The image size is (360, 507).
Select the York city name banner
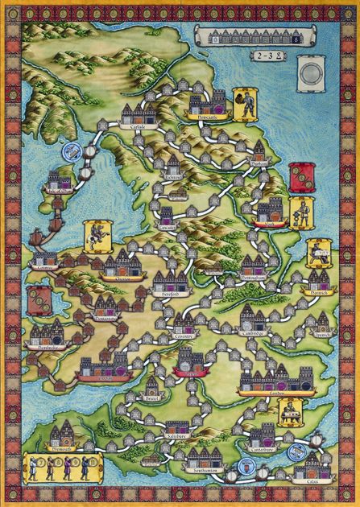pyautogui.click(x=265, y=223)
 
